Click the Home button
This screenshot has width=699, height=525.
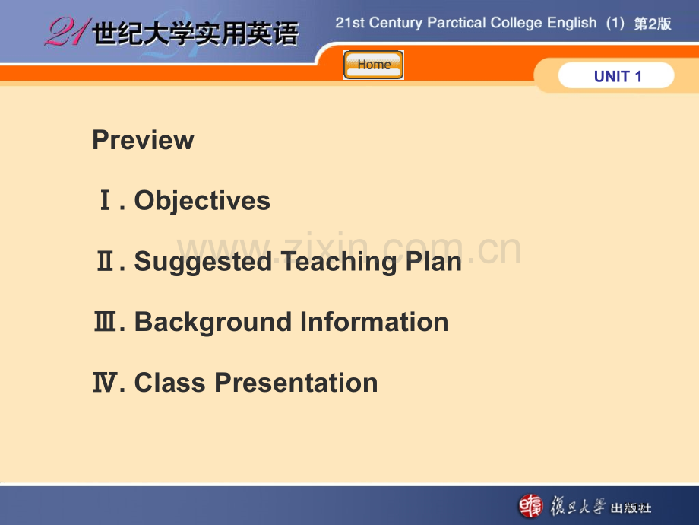374,65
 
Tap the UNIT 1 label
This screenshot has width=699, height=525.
617,76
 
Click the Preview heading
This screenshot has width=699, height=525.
143,140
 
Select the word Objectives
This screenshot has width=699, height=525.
202,201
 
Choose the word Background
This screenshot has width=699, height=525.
214,322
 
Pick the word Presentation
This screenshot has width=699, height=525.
296,383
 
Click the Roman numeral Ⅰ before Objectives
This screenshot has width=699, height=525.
106,202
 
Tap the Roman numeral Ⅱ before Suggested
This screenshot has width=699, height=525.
105,262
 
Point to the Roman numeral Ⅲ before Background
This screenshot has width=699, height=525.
105,323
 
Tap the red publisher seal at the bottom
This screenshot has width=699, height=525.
531,506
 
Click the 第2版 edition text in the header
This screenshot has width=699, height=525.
653,24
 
